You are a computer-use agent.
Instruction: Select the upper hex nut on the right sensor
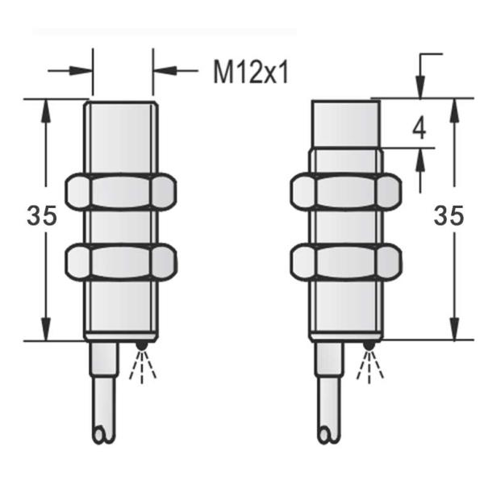pyautogui.click(x=345, y=192)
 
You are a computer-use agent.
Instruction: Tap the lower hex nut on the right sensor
pyautogui.click(x=345, y=261)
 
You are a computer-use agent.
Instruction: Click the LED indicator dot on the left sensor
pyautogui.click(x=143, y=347)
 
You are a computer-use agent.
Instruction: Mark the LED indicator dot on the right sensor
pyautogui.click(x=369, y=347)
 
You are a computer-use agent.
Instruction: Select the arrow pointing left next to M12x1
pyautogui.click(x=161, y=71)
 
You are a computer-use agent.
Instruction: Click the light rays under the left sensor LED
pyautogui.click(x=141, y=367)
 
